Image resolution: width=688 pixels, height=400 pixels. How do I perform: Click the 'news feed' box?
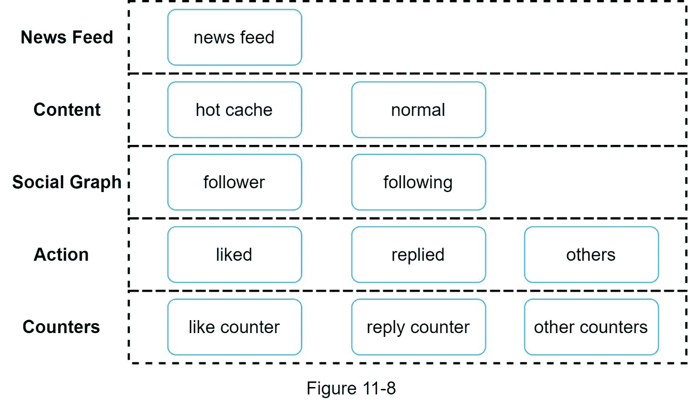click(x=234, y=38)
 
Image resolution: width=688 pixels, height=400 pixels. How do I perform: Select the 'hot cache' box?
click(x=234, y=110)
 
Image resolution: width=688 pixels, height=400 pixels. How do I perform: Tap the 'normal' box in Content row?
click(x=418, y=110)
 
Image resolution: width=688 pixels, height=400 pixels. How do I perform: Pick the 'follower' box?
click(x=234, y=182)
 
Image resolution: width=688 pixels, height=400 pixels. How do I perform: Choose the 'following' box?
click(x=418, y=182)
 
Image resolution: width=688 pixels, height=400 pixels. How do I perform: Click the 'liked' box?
click(x=234, y=255)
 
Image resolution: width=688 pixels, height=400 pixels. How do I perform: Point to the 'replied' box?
click(x=418, y=255)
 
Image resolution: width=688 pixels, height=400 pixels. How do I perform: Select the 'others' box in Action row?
click(x=591, y=255)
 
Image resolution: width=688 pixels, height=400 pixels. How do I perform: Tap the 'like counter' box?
click(x=234, y=327)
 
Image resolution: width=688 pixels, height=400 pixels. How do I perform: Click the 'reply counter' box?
click(x=418, y=327)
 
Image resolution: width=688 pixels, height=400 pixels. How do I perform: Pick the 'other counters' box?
click(x=591, y=327)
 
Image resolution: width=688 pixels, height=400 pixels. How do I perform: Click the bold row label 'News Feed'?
click(x=67, y=38)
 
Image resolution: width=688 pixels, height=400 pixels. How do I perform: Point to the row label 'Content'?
click(x=67, y=110)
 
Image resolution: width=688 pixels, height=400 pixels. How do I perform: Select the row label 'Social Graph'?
click(x=67, y=182)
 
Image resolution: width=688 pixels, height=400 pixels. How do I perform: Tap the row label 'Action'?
click(x=61, y=255)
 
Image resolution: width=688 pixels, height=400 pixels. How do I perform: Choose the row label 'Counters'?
click(x=61, y=327)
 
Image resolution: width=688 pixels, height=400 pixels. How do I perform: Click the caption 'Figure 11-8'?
click(x=351, y=388)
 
